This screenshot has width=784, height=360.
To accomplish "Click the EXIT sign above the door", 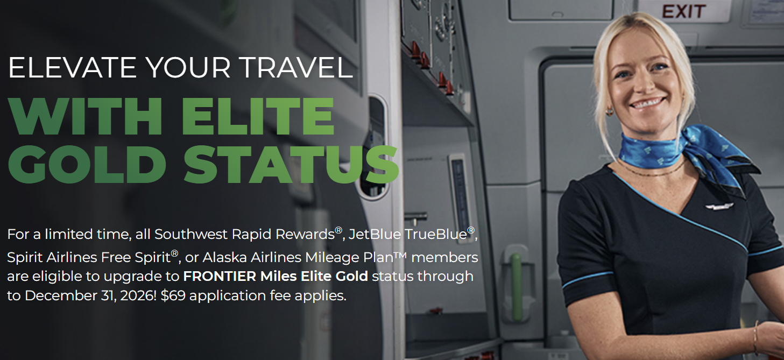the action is (x=683, y=11).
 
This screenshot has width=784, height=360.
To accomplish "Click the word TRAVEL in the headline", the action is (x=297, y=67).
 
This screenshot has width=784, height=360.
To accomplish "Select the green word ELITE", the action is (x=258, y=116).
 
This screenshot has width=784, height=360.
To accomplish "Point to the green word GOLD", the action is (x=87, y=165).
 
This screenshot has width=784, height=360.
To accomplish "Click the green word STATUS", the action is (x=291, y=165).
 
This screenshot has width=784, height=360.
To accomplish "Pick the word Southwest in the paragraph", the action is (x=190, y=235).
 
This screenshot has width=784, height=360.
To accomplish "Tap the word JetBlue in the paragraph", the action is (x=375, y=235).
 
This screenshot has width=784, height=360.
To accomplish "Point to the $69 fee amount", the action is (x=173, y=295).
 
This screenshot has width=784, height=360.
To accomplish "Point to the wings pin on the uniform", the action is (x=719, y=207).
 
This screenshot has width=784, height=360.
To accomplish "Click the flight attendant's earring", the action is (x=609, y=111).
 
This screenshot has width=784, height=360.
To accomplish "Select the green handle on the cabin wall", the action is (x=516, y=287).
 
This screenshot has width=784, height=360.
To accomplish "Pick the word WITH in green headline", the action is (x=86, y=116).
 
